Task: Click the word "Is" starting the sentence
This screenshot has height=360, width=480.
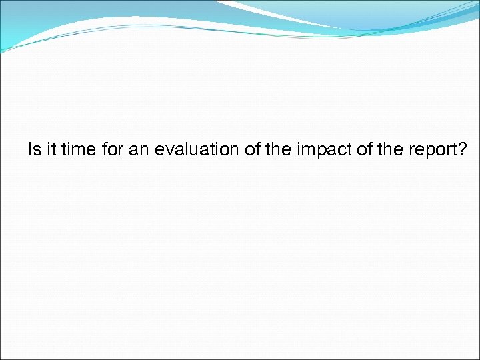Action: pos(33,150)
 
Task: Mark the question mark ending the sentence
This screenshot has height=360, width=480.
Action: pos(463,150)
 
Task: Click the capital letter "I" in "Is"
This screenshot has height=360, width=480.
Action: pos(29,150)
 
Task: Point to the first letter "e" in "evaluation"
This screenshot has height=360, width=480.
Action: pos(159,151)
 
